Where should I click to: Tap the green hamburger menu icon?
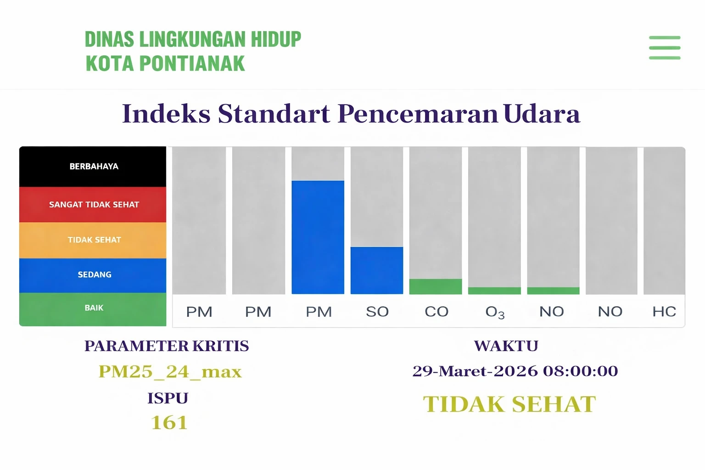[x=664, y=48]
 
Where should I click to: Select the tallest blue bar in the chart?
[x=318, y=237]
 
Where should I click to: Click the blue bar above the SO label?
[x=376, y=270]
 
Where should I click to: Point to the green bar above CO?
[x=435, y=286]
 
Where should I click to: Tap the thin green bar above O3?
[x=494, y=291]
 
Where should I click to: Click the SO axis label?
[x=377, y=312]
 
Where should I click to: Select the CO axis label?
[x=436, y=312]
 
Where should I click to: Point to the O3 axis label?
[x=495, y=312]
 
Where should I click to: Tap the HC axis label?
[x=664, y=312]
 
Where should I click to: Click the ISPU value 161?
[x=169, y=423]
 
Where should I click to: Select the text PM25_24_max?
[x=170, y=371]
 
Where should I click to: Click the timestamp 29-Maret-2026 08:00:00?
[x=515, y=371]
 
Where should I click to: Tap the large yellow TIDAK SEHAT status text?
[x=509, y=404]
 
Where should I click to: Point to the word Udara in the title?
[x=542, y=113]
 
